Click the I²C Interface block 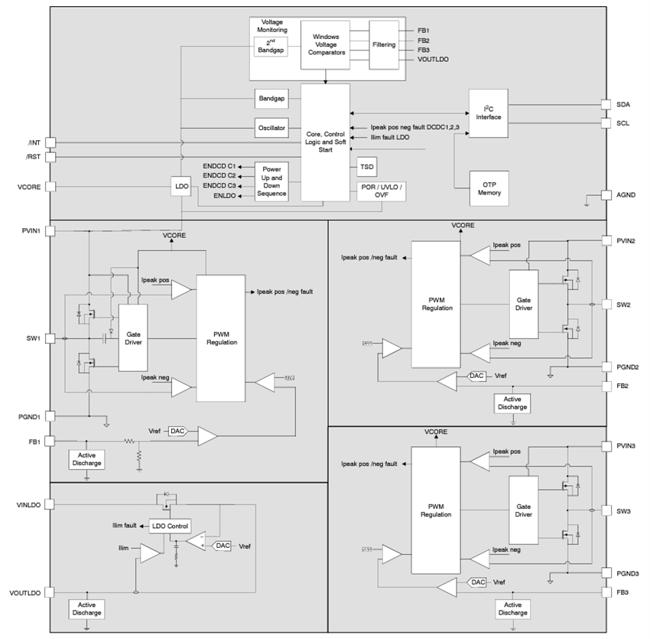pyautogui.click(x=489, y=112)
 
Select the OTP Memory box pyautogui.click(x=489, y=187)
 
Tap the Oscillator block pyautogui.click(x=271, y=128)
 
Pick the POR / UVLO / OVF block pyautogui.click(x=381, y=191)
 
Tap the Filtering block pyautogui.click(x=384, y=44)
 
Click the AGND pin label pyautogui.click(x=625, y=195)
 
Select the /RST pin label pyautogui.click(x=33, y=157)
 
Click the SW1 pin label pyautogui.click(x=34, y=337)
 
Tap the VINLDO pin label pyautogui.click(x=28, y=504)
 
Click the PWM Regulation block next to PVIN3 pyautogui.click(x=436, y=510)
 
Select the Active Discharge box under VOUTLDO pyautogui.click(x=86, y=609)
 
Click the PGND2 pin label pyautogui.click(x=628, y=367)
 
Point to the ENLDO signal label pyautogui.click(x=221, y=197)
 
